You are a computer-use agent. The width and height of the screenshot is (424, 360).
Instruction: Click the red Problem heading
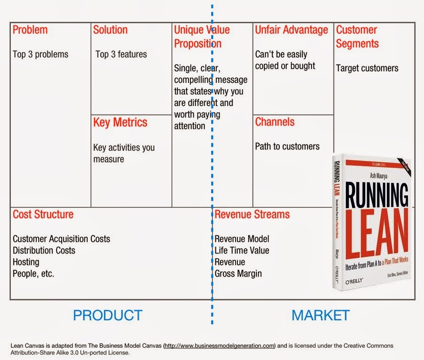coord(30,30)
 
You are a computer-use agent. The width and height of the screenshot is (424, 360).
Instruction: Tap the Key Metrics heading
coord(120,123)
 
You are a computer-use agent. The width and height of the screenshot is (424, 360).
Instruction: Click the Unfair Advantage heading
coord(291,30)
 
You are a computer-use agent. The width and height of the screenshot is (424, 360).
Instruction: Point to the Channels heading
coord(275,122)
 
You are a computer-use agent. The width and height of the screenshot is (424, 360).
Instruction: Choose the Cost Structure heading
coord(43,214)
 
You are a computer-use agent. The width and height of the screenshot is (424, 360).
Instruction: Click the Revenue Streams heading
coord(252,214)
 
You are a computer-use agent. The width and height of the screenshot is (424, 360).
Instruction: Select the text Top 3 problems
coord(41,54)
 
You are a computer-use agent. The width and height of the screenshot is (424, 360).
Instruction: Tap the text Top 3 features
coord(121,54)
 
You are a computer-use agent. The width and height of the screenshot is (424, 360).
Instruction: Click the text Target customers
coord(367,68)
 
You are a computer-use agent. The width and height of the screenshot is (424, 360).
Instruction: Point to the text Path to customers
coord(287,147)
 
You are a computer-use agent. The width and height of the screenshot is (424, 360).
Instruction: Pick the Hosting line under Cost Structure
coord(26,262)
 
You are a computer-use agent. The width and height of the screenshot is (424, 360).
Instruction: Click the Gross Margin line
coord(238,273)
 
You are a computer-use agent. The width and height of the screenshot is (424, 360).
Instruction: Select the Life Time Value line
coord(242,250)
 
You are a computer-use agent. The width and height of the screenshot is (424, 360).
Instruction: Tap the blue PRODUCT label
coord(107,315)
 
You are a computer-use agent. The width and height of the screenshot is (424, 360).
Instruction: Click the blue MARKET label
coord(320,315)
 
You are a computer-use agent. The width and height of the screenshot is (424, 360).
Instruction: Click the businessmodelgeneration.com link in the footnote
coord(220,346)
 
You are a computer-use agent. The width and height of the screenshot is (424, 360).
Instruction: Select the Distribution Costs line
coord(44,250)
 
